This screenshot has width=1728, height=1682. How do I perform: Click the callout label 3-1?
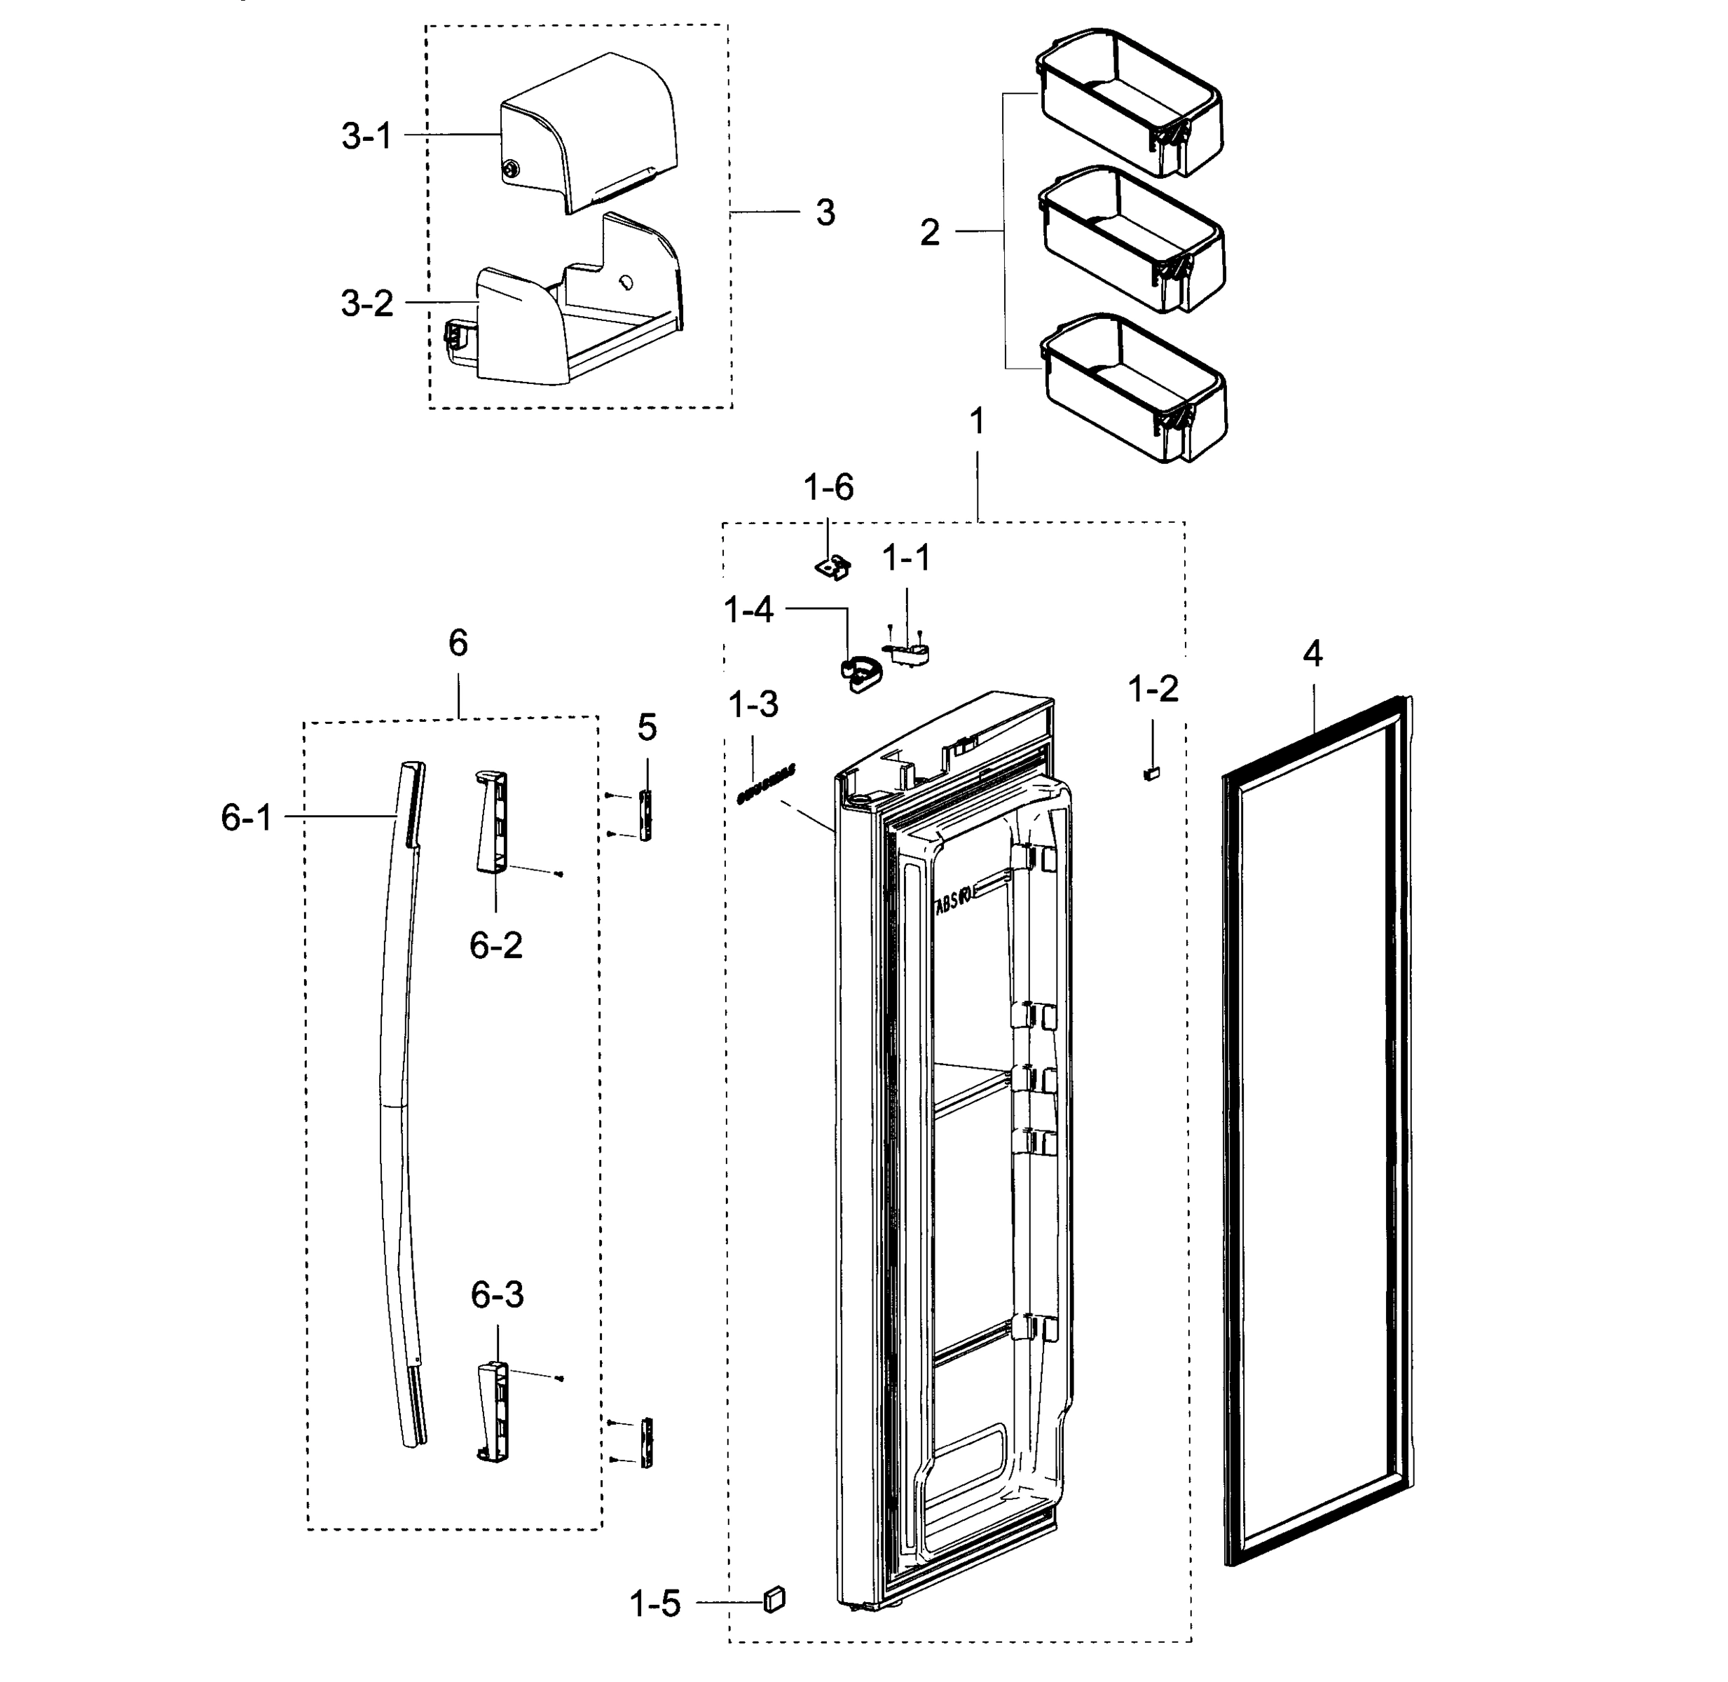tap(366, 137)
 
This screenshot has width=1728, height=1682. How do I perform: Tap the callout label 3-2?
tap(366, 304)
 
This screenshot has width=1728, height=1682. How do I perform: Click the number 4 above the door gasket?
tap(1312, 655)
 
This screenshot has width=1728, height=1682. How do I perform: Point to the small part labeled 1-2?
tap(1151, 774)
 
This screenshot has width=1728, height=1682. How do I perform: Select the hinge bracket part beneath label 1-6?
tap(832, 566)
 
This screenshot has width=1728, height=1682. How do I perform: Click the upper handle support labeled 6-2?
tap(492, 821)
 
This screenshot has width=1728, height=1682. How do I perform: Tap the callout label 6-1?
tap(247, 819)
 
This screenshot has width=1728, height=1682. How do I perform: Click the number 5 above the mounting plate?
tap(647, 728)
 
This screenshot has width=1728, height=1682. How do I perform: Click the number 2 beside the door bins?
tap(929, 233)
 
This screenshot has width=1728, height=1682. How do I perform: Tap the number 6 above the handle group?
tap(458, 643)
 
